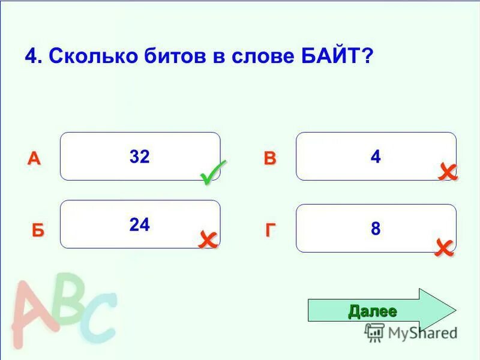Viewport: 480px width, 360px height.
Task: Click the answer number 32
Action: click(139, 157)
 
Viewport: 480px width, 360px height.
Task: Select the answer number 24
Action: click(139, 224)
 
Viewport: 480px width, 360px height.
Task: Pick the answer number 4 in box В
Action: click(376, 157)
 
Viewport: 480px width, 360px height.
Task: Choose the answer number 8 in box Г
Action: click(376, 229)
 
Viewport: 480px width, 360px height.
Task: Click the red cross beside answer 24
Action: click(208, 240)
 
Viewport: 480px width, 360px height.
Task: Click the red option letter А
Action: click(34, 159)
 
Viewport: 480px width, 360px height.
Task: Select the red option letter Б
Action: click(38, 231)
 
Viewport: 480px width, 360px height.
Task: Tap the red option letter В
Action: click(270, 159)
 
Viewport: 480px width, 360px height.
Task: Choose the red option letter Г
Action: click(271, 231)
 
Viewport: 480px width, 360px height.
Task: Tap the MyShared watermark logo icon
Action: click(374, 332)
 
